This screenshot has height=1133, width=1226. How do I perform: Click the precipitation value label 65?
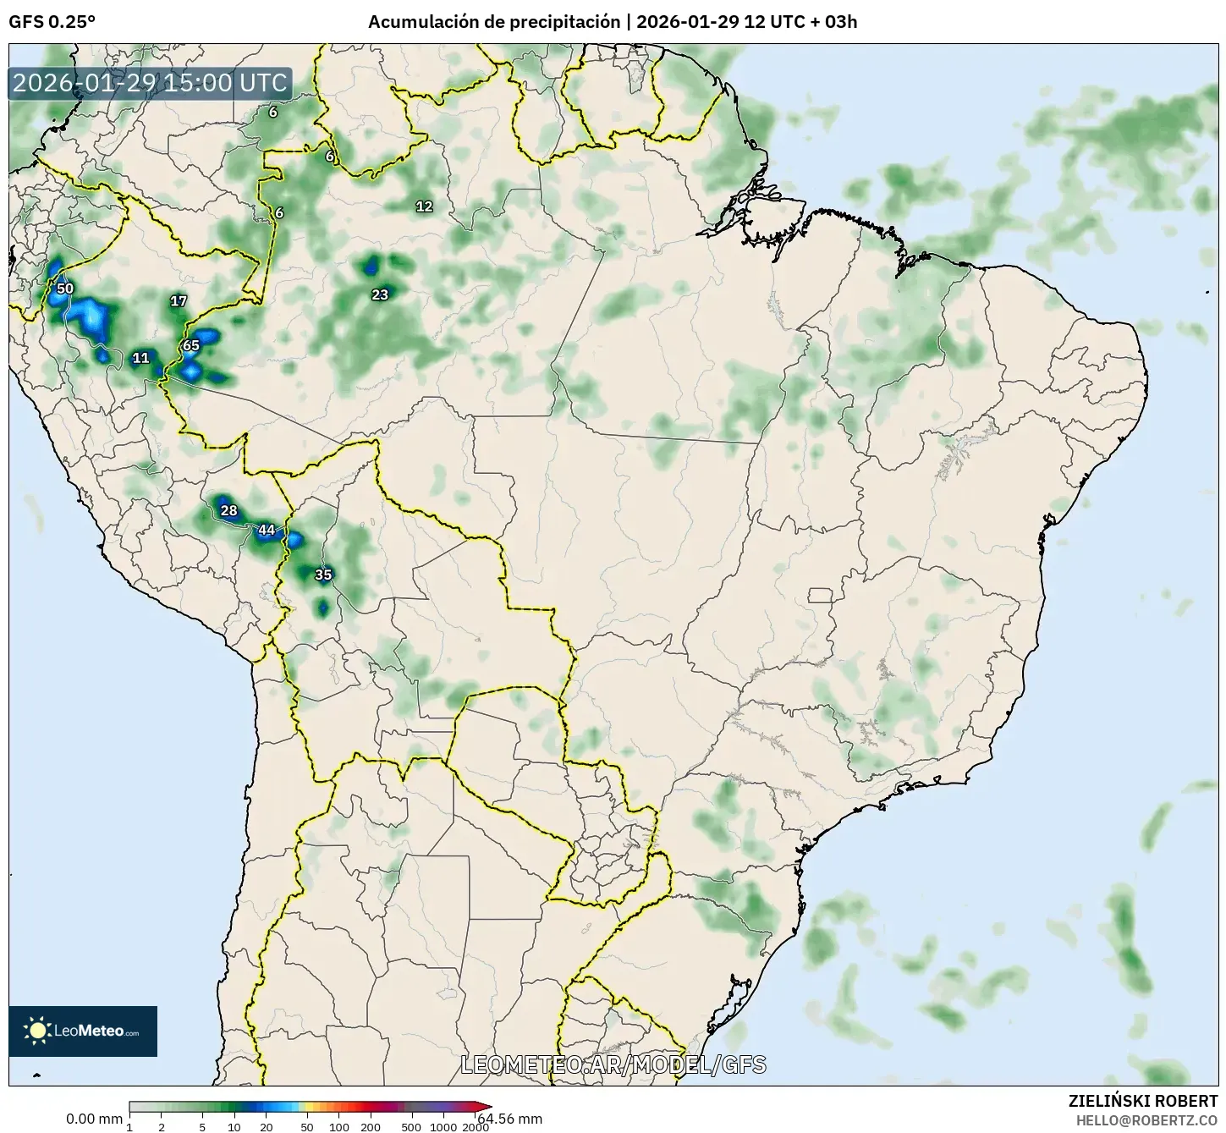[191, 345]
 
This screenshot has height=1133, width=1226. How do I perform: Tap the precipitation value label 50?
[65, 289]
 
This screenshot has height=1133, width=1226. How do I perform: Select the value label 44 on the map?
[267, 530]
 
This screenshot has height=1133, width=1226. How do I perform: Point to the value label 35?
[323, 575]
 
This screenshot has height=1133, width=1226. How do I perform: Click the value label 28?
[228, 510]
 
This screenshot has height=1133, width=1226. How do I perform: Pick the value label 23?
[380, 294]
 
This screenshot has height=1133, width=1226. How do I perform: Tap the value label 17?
[178, 300]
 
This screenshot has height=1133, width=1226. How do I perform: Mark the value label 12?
[424, 206]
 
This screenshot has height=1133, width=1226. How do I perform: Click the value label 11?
[140, 358]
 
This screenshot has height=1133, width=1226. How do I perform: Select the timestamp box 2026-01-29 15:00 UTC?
[150, 83]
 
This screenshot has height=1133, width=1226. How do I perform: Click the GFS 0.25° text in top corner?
[52, 22]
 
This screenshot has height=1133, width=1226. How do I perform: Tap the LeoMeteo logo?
[83, 1031]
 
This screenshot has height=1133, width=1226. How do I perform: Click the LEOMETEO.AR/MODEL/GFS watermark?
[613, 1064]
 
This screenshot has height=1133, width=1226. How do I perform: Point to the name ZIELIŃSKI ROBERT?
[1143, 1101]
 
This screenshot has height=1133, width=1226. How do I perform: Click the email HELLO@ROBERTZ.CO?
[1146, 1119]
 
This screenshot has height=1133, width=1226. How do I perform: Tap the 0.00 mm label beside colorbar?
[94, 1119]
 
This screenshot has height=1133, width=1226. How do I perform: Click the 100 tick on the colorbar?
[338, 1127]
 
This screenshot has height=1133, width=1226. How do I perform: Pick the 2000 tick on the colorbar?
[476, 1127]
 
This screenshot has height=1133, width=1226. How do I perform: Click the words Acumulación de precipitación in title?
[493, 22]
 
